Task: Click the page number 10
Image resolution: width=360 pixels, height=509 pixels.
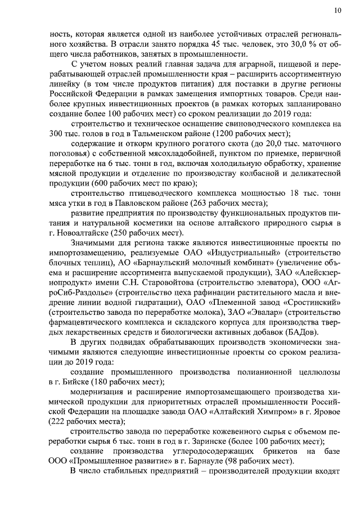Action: pos(337,10)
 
